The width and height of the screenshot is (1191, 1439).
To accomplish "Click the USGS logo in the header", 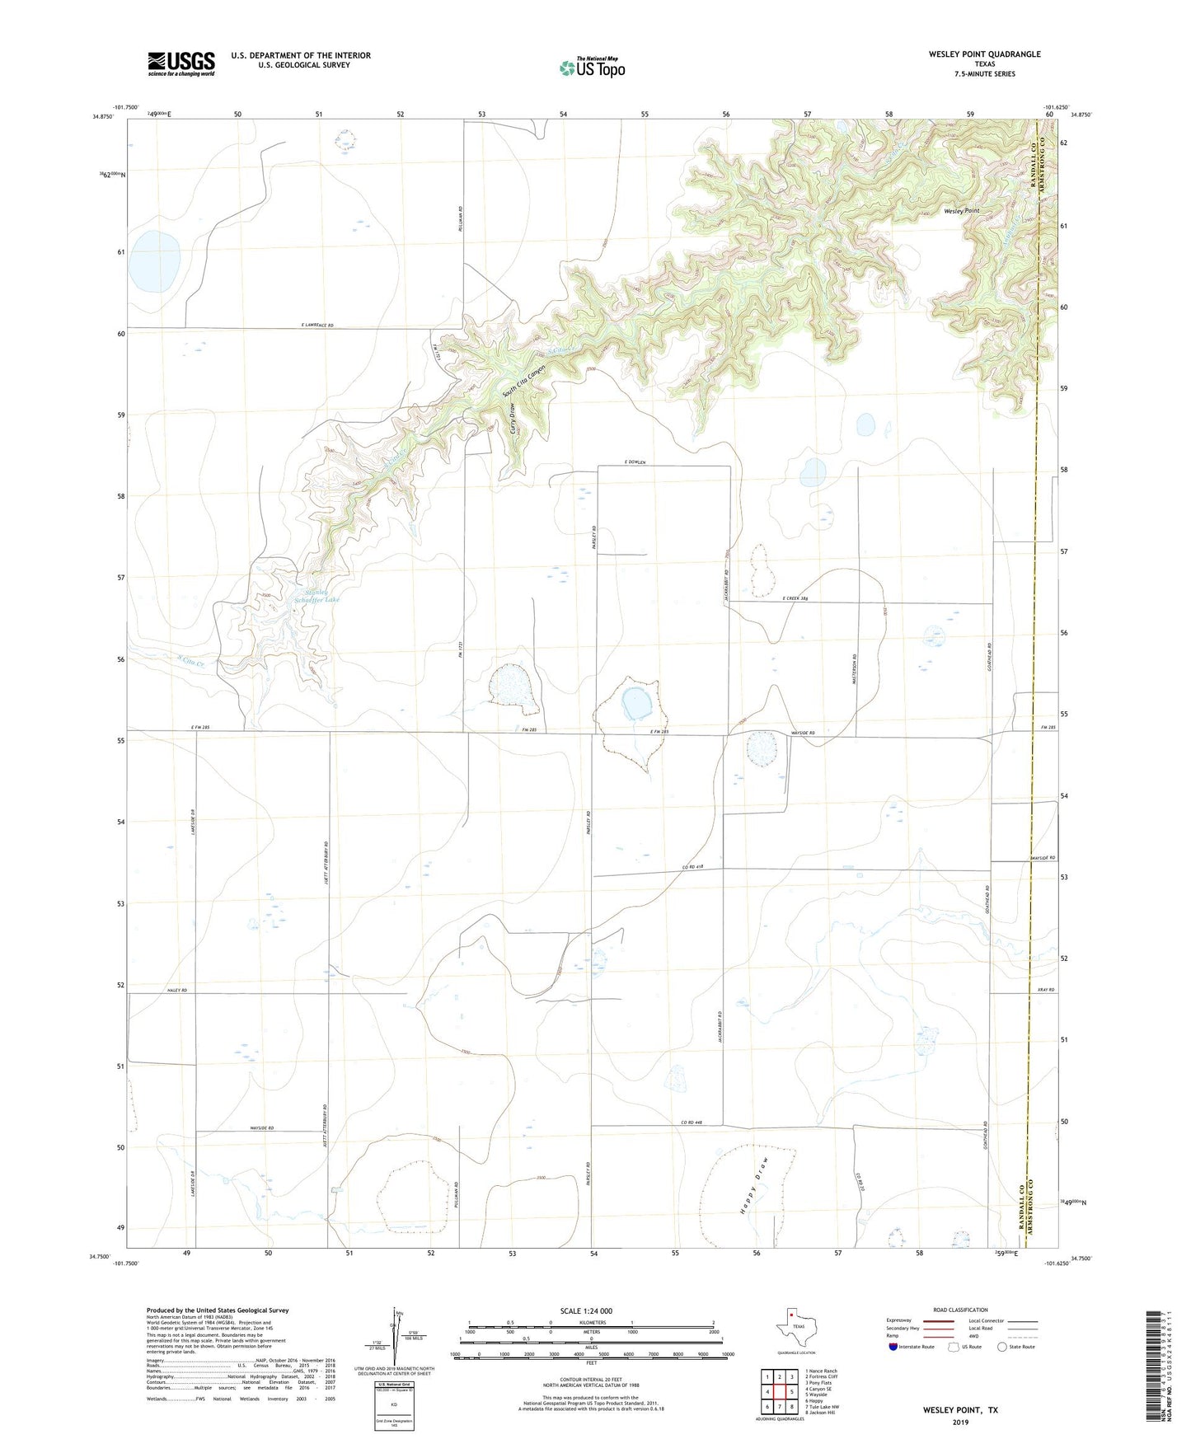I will [x=181, y=63].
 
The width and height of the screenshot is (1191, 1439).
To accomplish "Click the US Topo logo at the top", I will [x=592, y=68].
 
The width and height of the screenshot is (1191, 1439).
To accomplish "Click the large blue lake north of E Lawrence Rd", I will [x=156, y=261].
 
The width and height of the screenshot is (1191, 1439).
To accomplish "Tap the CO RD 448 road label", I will [x=692, y=1123].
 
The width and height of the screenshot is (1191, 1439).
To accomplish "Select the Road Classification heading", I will [x=960, y=1310].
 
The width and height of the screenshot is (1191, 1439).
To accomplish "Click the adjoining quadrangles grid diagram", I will [x=779, y=1394].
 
